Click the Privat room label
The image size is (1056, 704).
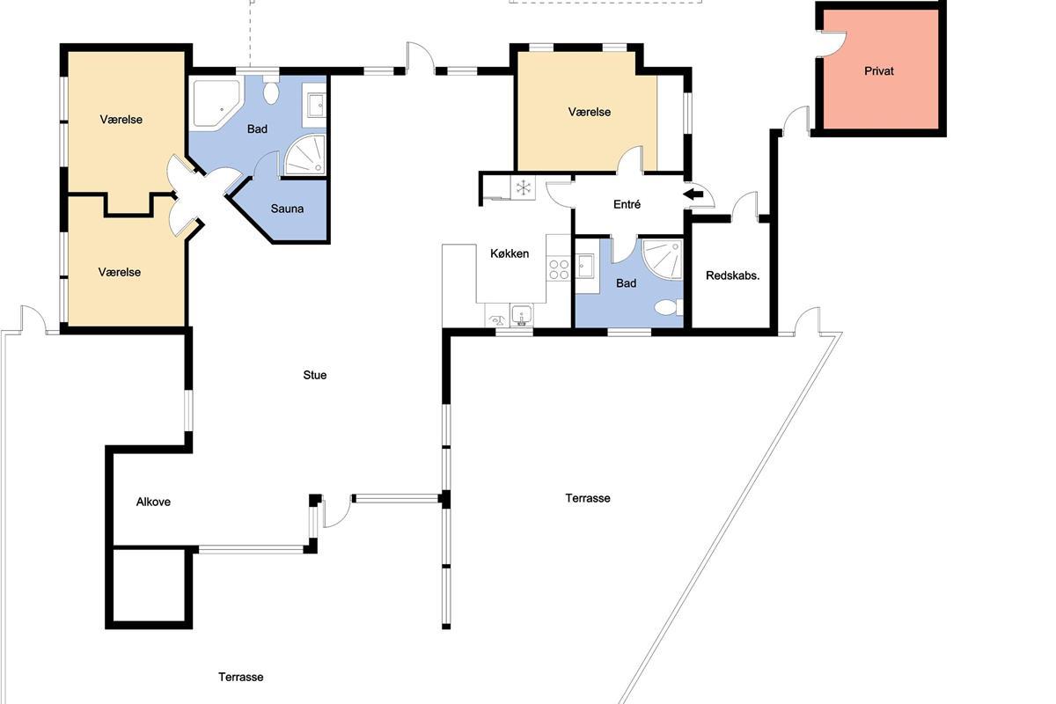tap(879, 71)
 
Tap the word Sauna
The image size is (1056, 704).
tap(287, 209)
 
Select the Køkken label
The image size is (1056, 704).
tap(510, 253)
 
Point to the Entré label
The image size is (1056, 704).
tap(627, 204)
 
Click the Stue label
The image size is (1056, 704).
tap(314, 375)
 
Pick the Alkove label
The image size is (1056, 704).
tap(153, 502)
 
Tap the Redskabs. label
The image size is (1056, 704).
tap(732, 275)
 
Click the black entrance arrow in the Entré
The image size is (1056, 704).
tap(693, 194)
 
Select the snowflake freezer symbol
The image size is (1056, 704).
tap(524, 187)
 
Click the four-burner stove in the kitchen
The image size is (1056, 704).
tap(559, 269)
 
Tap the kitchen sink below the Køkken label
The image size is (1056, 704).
tap(521, 315)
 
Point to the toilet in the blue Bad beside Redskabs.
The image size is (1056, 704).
tap(668, 307)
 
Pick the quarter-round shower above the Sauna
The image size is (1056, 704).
tap(305, 155)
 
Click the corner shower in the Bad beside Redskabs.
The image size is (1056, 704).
tap(663, 259)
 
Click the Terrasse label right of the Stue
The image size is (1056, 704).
tap(588, 498)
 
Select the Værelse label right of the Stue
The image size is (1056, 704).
tap(590, 112)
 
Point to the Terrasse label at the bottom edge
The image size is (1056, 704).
tap(240, 677)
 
